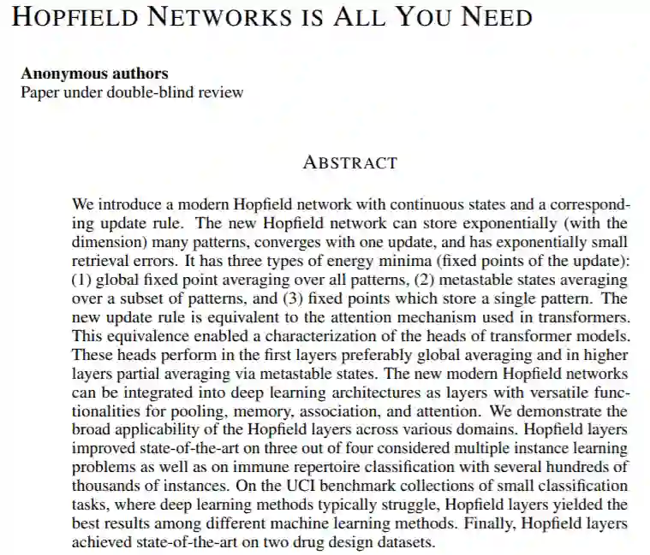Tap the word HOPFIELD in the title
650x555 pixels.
pyautogui.click(x=73, y=16)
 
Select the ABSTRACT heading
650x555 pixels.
pyautogui.click(x=350, y=162)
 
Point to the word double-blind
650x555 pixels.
pyautogui.click(x=153, y=92)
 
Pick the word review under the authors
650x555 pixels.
pyautogui.click(x=222, y=92)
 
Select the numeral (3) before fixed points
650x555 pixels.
pyautogui.click(x=293, y=298)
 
